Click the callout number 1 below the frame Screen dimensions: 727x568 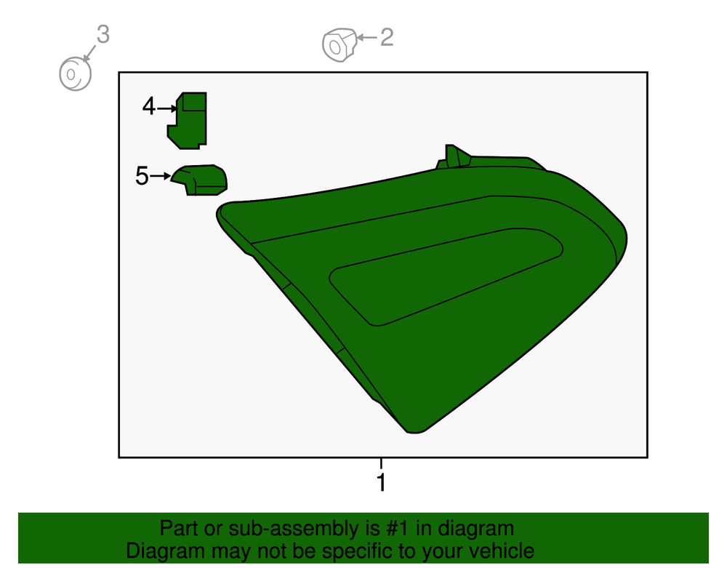[x=381, y=482]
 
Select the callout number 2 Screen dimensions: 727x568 [x=387, y=37]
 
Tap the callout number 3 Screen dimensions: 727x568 [x=103, y=34]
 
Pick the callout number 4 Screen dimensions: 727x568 [x=148, y=106]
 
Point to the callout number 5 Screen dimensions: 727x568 [x=142, y=176]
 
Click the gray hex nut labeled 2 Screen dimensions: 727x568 [x=340, y=45]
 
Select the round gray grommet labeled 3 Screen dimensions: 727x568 [x=75, y=74]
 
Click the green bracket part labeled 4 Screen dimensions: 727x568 [x=188, y=121]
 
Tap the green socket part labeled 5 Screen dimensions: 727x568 [x=200, y=180]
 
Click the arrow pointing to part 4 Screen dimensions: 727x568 [x=167, y=108]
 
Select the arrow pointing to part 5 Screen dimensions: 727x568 [x=161, y=176]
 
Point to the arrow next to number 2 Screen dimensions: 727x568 [x=366, y=37]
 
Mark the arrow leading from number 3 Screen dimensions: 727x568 [x=89, y=53]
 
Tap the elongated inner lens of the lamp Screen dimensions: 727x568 [x=445, y=277]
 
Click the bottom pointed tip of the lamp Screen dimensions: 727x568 [x=414, y=433]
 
